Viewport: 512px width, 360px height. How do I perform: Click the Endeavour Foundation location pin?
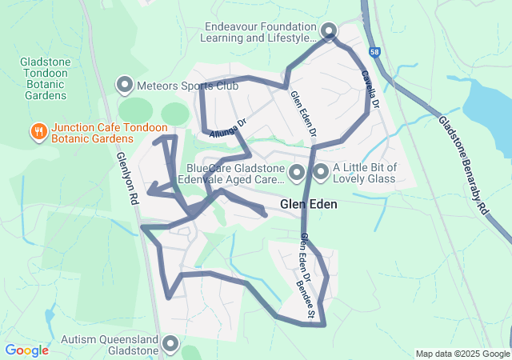(x=330, y=31)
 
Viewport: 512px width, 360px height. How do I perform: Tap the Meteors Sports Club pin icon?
(x=125, y=84)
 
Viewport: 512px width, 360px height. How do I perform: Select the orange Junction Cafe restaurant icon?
(x=37, y=131)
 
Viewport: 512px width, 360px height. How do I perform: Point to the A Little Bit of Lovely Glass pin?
(x=322, y=172)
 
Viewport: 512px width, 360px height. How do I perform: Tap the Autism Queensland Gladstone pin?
(x=170, y=344)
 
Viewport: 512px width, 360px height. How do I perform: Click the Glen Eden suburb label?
(x=308, y=205)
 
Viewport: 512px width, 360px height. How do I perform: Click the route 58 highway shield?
(x=374, y=52)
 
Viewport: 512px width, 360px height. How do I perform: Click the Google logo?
(x=26, y=350)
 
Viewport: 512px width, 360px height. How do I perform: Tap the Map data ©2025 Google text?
(x=462, y=354)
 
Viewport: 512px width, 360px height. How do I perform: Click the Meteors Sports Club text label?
(x=188, y=84)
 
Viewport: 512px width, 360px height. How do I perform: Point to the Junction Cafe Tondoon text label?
(x=110, y=128)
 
